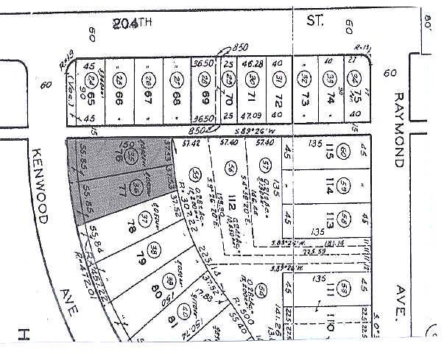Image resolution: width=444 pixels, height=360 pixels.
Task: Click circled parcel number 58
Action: (345, 219)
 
